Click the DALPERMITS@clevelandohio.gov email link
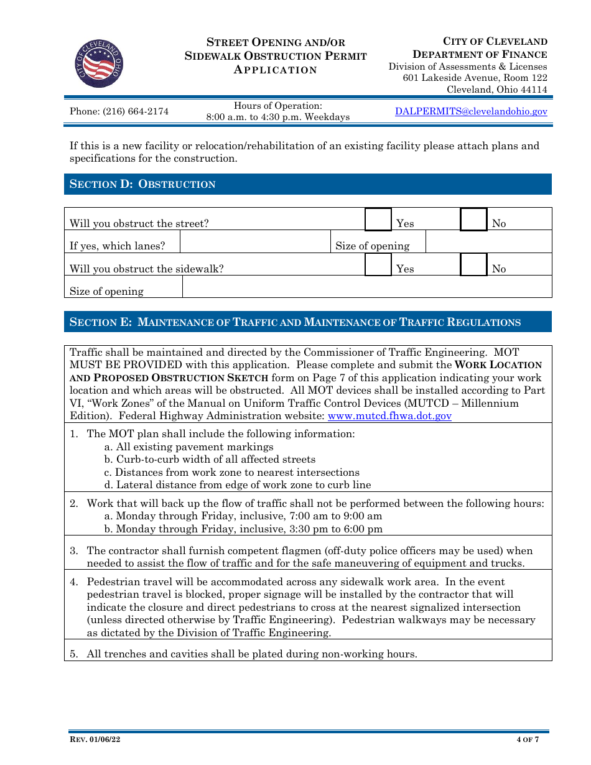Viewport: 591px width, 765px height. (471, 111)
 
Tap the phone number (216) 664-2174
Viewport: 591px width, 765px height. (119, 112)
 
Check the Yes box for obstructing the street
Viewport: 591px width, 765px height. (378, 220)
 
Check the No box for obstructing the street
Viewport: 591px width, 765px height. (473, 220)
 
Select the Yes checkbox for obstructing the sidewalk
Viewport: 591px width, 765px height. (378, 264)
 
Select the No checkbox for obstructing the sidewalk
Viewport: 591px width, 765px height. (473, 264)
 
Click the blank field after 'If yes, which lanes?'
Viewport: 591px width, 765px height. (254, 242)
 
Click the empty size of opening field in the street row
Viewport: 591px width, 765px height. (488, 242)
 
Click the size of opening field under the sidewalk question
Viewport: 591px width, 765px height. (366, 287)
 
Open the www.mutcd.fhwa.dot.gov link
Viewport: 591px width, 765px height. (389, 416)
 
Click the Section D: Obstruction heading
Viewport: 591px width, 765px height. (143, 184)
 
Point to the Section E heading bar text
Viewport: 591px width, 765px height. (295, 322)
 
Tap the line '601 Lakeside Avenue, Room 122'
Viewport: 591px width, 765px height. (475, 78)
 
